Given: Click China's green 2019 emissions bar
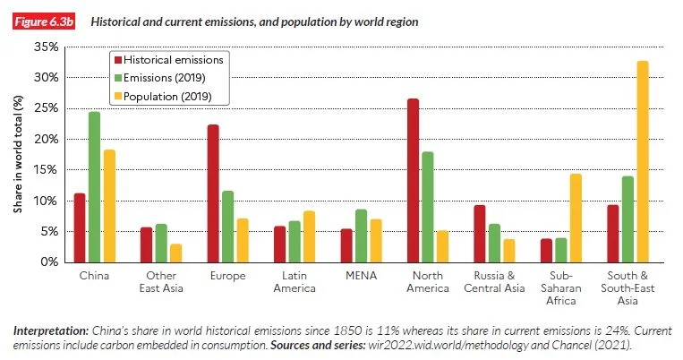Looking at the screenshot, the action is point(95,187).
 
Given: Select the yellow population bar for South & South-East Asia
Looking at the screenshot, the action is point(643,162).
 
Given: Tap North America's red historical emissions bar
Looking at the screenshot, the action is point(413,180).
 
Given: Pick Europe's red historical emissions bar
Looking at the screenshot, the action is point(213,193).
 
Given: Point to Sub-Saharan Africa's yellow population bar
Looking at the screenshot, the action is point(576,218).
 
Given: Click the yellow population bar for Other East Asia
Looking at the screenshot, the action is point(176,253).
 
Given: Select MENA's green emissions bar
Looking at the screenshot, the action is point(361,236).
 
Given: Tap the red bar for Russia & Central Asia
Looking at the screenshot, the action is point(480,234).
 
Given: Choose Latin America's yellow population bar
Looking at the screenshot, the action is point(309,236).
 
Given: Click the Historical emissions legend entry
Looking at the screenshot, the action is point(168,60).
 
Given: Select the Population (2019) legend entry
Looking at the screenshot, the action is point(163,97).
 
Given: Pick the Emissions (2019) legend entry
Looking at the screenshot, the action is point(159,78).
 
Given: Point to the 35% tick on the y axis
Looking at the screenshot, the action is point(47,47).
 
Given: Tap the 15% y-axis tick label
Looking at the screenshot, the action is point(47,170).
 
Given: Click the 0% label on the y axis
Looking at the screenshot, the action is point(49,261).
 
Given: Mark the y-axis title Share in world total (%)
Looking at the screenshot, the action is point(18,154).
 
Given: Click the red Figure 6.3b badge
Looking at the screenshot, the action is point(44,21).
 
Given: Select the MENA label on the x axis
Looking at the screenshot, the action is point(361,276).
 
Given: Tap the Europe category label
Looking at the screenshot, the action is point(227,277).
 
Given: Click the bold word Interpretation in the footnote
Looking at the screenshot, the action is point(51,330).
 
